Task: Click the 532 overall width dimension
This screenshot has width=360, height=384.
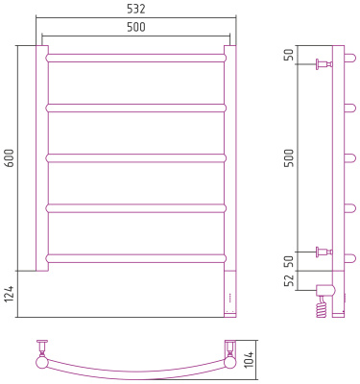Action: click(135, 9)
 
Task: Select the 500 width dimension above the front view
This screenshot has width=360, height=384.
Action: click(136, 27)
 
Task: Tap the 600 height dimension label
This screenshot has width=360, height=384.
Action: click(11, 158)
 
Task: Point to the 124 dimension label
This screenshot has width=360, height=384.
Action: click(10, 295)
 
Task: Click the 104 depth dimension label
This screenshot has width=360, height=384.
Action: click(251, 359)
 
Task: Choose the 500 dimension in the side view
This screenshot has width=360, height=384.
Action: click(289, 158)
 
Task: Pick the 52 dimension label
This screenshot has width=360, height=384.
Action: click(289, 281)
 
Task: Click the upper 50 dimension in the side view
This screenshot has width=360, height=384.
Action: click(289, 55)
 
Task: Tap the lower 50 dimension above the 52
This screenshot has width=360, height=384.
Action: click(289, 262)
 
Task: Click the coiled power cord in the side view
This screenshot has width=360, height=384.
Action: click(322, 306)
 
